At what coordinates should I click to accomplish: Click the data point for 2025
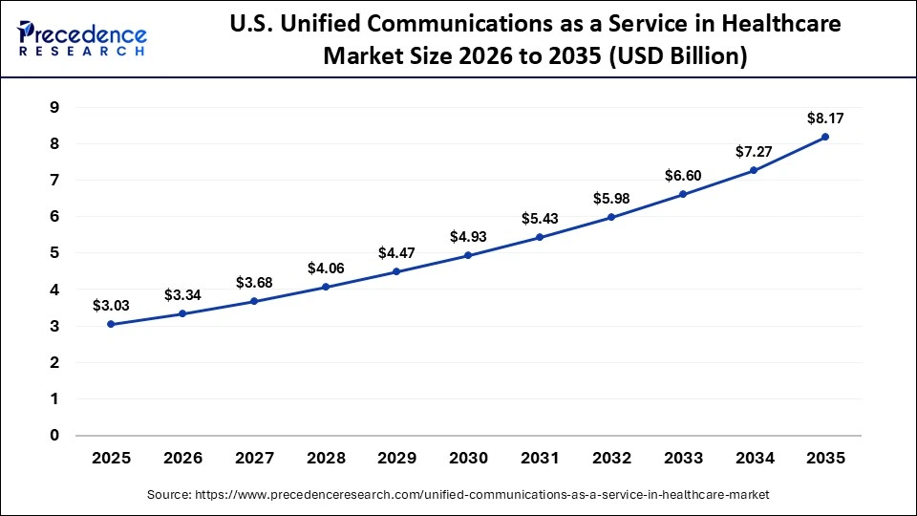pyautogui.click(x=111, y=324)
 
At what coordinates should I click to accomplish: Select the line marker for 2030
pyautogui.click(x=468, y=255)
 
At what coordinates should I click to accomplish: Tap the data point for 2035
pyautogui.click(x=825, y=137)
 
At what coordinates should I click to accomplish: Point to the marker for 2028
pyautogui.click(x=326, y=287)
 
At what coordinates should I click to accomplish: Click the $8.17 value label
pyautogui.click(x=825, y=118)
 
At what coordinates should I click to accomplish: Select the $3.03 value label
pyautogui.click(x=111, y=306)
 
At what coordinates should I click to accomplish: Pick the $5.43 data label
pyautogui.click(x=540, y=219)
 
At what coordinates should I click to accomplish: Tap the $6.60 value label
pyautogui.click(x=682, y=176)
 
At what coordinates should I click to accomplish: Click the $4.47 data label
pyautogui.click(x=397, y=253)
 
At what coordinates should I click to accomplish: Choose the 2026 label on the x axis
pyautogui.click(x=182, y=459)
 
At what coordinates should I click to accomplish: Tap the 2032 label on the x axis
pyautogui.click(x=611, y=459)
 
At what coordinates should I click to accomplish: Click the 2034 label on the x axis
pyautogui.click(x=754, y=459)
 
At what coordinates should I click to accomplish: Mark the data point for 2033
pyautogui.click(x=682, y=194)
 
